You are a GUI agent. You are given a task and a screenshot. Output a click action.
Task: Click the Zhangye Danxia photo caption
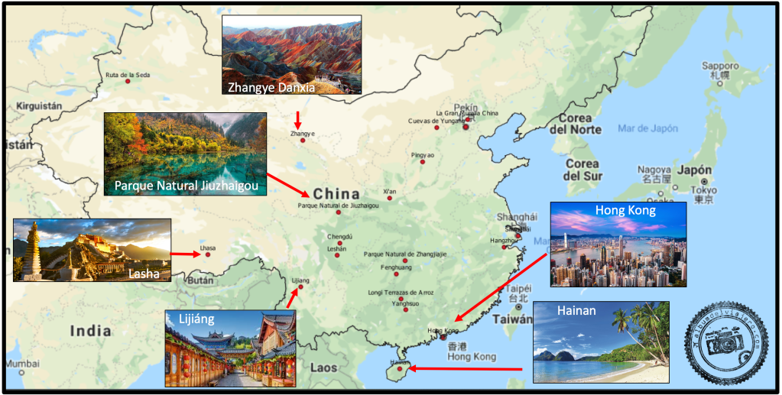271,87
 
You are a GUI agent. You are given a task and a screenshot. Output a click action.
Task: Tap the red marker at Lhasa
207,254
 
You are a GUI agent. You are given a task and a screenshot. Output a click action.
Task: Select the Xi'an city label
390,191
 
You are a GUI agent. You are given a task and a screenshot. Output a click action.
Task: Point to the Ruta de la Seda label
128,75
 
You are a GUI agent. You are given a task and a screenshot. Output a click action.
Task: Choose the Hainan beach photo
600,342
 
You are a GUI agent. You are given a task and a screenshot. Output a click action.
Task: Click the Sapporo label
721,66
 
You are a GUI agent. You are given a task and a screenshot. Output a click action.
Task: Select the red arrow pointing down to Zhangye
298,120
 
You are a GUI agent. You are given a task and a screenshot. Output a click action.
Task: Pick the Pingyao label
422,155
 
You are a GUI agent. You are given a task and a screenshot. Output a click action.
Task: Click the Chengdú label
339,237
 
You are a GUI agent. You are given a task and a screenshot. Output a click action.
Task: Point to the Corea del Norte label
586,123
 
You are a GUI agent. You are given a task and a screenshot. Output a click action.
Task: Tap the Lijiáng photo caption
196,319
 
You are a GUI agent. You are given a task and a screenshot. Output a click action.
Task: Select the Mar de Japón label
648,128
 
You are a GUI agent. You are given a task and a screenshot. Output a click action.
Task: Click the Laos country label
323,367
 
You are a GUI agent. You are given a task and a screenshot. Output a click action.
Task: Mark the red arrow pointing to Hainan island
466,369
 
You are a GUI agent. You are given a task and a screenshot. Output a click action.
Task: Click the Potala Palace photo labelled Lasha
92,250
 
